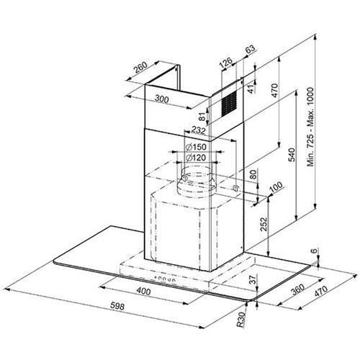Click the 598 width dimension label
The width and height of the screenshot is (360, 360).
tap(117, 306)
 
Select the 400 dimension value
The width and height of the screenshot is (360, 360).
tap(143, 292)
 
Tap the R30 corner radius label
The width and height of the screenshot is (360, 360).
tap(241, 320)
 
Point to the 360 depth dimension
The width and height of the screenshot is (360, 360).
tap(297, 289)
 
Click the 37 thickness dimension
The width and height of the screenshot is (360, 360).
tap(253, 279)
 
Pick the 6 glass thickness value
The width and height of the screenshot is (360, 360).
tap(314, 251)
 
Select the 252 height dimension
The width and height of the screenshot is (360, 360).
tap(264, 224)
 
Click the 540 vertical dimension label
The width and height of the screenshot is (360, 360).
tap(292, 155)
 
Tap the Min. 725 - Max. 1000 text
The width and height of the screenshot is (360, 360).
tap(310, 127)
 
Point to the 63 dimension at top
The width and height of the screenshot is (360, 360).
tap(250, 49)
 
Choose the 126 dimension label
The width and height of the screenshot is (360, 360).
tap(226, 62)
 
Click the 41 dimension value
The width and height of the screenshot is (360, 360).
tap(251, 89)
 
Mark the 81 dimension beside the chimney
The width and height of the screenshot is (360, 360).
tap(202, 117)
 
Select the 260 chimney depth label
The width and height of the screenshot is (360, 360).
tap(140, 68)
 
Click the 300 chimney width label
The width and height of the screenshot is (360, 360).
tap(161, 99)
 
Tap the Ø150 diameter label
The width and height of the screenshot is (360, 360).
tap(196, 147)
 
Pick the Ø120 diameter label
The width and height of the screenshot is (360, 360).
tap(196, 158)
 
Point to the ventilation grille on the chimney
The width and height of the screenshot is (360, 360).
tap(229, 104)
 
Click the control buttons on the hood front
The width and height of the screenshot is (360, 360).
tap(166, 279)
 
